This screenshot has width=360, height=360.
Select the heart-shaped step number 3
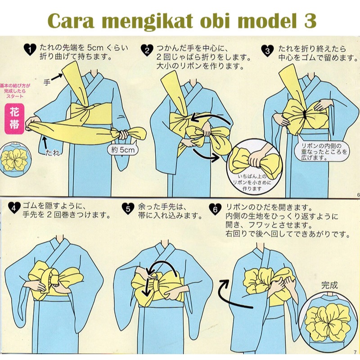pyautogui.click(x=268, y=50)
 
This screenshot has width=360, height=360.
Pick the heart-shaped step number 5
pyautogui.click(x=128, y=207)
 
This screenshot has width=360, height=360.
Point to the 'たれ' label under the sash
pyautogui.click(x=52, y=153)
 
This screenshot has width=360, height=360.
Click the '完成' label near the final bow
pyautogui.click(x=329, y=285)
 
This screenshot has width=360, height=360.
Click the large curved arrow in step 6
pyautogui.click(x=229, y=295)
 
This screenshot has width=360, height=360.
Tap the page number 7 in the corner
pyautogui.click(x=355, y=351)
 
